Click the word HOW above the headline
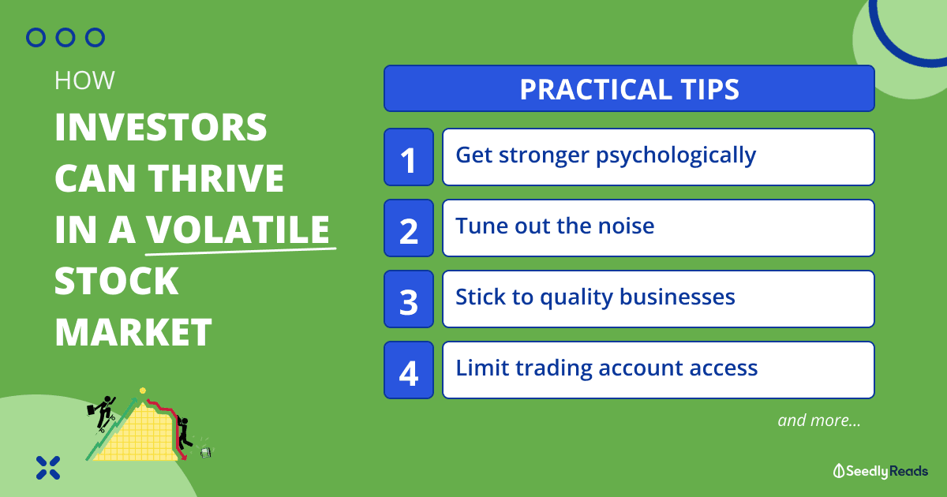(x=84, y=80)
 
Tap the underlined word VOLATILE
(x=238, y=230)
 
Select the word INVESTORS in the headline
(x=161, y=127)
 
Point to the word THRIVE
(x=215, y=178)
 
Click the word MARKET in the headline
(x=133, y=332)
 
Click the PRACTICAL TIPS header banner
(x=629, y=88)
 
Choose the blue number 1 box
(x=409, y=157)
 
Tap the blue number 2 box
(x=409, y=228)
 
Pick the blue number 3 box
(x=409, y=299)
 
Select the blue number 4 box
(x=409, y=370)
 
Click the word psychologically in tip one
(x=676, y=156)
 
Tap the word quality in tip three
(x=576, y=297)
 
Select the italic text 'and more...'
(x=819, y=420)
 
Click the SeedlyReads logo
(x=881, y=471)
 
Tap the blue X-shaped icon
(x=48, y=468)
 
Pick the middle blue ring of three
(x=66, y=38)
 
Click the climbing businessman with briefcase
(x=102, y=413)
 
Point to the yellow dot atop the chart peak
(x=143, y=390)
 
